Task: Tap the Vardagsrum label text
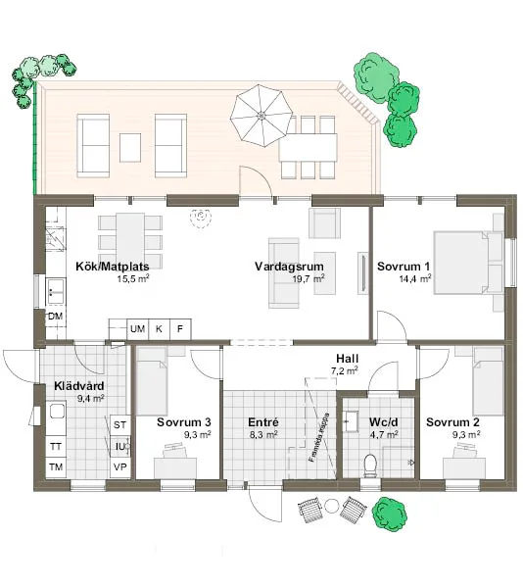pos(289,266)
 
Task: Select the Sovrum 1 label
pos(403,266)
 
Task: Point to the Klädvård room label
pos(78,386)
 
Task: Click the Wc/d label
pos(382,422)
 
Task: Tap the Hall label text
pos(348,359)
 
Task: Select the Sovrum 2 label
pos(452,422)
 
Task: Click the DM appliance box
pos(55,317)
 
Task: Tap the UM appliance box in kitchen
pos(138,328)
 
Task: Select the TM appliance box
pos(56,465)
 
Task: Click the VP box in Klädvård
pos(120,466)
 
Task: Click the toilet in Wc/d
pos(369,465)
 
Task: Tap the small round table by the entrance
pos(331,506)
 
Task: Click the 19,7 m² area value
pos(308,278)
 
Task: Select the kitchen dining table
pos(130,235)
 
